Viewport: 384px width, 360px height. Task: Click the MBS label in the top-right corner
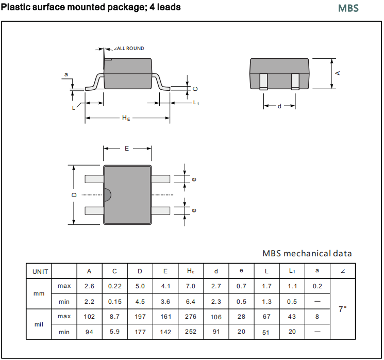pos(348,8)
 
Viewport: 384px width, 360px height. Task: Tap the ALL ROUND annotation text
pos(129,48)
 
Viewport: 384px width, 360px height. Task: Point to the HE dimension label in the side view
pos(126,118)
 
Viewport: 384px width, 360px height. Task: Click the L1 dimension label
pos(196,103)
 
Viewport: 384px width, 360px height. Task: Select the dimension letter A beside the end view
pos(338,73)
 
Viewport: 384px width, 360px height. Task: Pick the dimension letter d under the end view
pos(279,106)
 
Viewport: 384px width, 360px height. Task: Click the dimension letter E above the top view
pos(127,149)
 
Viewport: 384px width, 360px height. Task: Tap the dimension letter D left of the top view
pos(74,195)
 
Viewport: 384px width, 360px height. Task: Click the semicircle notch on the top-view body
pos(107,195)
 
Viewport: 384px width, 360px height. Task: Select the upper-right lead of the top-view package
pos(161,179)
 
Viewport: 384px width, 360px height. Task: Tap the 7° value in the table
pos(342,309)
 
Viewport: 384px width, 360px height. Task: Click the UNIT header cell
pos(40,271)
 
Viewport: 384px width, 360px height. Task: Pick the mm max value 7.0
pos(190,286)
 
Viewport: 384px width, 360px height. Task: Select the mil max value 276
pos(190,316)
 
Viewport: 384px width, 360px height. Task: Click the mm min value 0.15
pos(114,301)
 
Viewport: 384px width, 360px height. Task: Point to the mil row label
pos(39,324)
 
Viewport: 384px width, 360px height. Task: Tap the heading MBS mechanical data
pos(307,253)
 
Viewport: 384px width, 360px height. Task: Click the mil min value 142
pos(165,332)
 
